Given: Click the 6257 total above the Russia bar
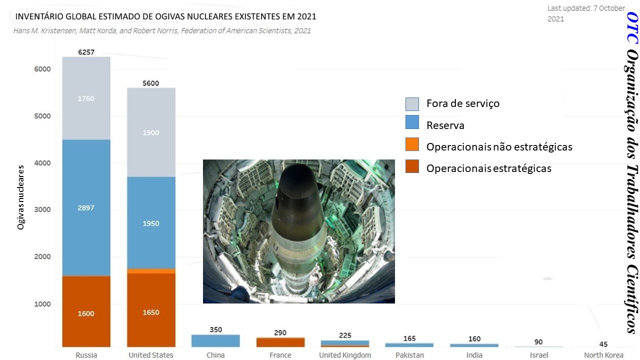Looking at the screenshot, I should (x=86, y=52).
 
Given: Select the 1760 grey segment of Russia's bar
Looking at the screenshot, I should (x=86, y=98).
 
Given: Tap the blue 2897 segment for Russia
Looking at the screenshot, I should (x=86, y=207).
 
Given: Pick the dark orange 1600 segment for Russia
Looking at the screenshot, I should (x=86, y=313).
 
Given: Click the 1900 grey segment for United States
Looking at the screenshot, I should (x=151, y=132).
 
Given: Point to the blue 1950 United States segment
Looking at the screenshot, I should (x=151, y=223).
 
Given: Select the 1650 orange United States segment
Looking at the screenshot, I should (x=151, y=312).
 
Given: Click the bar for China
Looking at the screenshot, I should (x=215, y=340).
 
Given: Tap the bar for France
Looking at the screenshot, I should (x=280, y=342).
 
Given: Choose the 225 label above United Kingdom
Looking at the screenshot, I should (x=345, y=335).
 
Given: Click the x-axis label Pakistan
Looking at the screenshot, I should (x=409, y=355).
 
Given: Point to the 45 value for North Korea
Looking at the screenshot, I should (x=603, y=344).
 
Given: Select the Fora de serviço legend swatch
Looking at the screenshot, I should (x=412, y=104).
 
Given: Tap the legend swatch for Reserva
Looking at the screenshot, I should (x=412, y=125).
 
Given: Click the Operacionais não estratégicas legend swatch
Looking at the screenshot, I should (x=412, y=147).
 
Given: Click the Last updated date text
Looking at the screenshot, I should (x=586, y=13).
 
